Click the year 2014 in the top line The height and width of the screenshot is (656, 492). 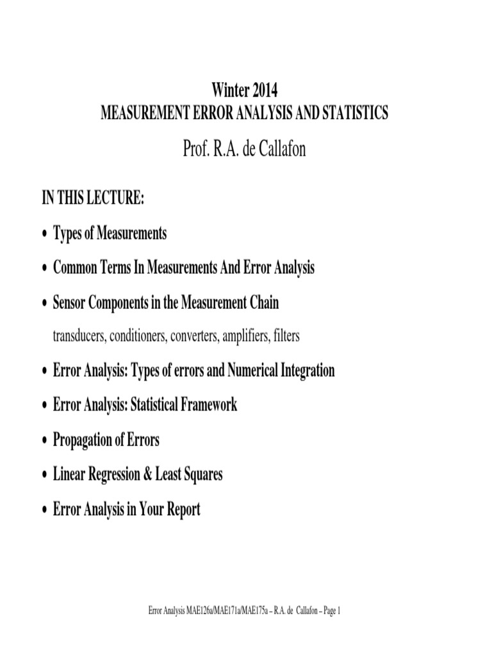(x=264, y=90)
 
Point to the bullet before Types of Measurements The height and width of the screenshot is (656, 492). (x=44, y=234)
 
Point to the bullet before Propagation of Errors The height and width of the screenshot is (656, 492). (x=44, y=441)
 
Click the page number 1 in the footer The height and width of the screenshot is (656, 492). (x=338, y=611)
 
